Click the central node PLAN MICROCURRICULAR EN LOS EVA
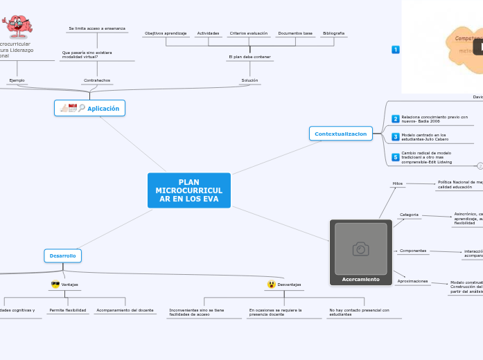[x=188, y=190]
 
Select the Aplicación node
[x=89, y=108]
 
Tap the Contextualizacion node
[x=340, y=134]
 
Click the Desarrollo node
[x=62, y=255]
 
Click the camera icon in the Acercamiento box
[x=360, y=249]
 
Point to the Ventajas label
[x=69, y=285]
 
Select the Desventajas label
[x=289, y=285]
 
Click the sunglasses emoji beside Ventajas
[x=55, y=285]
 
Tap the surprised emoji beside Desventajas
[x=271, y=285]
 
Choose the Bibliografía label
[x=333, y=33]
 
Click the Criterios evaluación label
[x=249, y=33]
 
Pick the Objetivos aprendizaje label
[x=166, y=33]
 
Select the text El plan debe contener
[x=249, y=57]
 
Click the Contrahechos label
[x=97, y=80]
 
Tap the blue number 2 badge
[x=395, y=119]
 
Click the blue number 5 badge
[x=395, y=157]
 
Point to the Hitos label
[x=397, y=183]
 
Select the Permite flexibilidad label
[x=68, y=310]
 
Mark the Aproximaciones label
[x=412, y=281]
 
